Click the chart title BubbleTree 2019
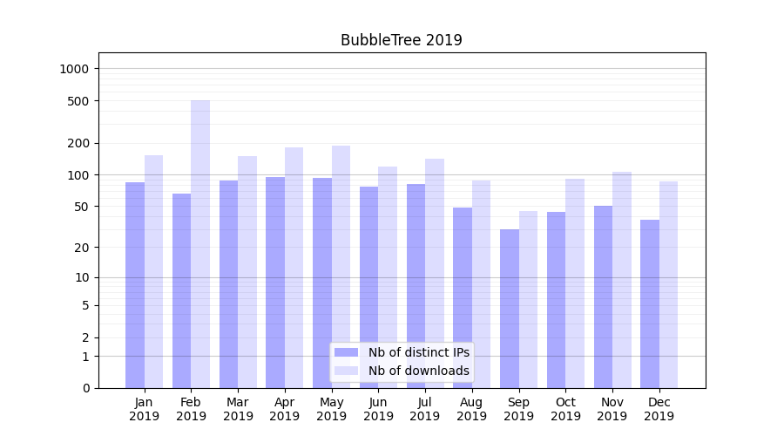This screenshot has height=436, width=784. tap(401, 40)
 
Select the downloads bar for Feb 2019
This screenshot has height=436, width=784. tap(200, 244)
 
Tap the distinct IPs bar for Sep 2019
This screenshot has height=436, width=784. tap(510, 309)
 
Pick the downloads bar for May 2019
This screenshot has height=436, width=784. tap(341, 267)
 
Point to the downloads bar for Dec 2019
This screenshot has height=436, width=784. tap(668, 284)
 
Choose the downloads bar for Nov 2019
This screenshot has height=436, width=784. tap(622, 280)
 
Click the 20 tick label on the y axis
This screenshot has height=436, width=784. tap(82, 248)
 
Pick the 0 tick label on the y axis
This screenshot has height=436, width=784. tap(85, 388)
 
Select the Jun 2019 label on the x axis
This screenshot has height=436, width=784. tap(378, 409)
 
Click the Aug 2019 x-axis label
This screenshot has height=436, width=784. tap(472, 409)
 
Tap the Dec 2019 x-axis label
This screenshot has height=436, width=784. tap(659, 409)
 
